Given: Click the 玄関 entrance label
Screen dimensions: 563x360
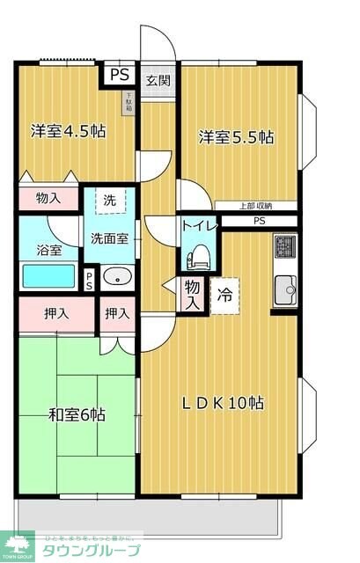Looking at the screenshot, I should coord(158,80).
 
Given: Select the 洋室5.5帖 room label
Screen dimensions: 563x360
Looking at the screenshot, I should coord(235,137).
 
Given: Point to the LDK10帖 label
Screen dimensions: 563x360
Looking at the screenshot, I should coord(223,404).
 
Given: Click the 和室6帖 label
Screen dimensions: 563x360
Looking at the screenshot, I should coord(77,413).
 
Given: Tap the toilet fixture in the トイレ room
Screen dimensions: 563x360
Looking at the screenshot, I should coord(198,257).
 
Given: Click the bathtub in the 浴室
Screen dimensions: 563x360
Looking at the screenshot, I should coord(50,278).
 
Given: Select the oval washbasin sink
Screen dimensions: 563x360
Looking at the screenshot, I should coord(116,279).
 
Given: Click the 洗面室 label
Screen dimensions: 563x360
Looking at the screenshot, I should coord(110,238).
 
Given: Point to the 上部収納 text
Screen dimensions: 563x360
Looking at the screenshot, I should coord(256,206).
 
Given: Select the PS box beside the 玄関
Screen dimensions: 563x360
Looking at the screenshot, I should coord(118,75).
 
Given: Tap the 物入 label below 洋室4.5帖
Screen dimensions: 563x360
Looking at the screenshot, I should coord(48,198).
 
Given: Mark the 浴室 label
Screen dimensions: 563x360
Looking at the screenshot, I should coord(48,250).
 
